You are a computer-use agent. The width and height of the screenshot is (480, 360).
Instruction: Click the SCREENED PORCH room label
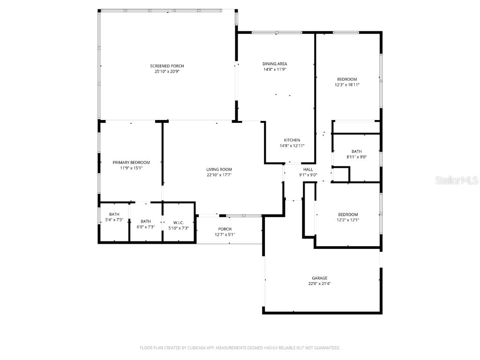click(167, 66)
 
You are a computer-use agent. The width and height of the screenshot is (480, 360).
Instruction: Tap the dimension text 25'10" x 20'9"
click(167, 72)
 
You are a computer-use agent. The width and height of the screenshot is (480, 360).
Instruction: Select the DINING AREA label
click(275, 64)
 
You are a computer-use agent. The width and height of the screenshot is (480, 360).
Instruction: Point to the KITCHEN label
click(292, 140)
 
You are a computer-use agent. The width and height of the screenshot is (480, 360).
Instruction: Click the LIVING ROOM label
click(219, 169)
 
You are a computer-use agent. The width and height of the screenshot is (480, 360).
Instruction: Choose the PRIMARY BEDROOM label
click(131, 162)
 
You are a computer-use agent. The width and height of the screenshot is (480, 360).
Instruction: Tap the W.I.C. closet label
click(178, 222)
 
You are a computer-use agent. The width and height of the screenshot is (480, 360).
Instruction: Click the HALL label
click(308, 169)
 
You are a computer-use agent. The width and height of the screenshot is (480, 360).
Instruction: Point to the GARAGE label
click(320, 278)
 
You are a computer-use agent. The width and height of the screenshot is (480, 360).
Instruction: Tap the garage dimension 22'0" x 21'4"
click(320, 284)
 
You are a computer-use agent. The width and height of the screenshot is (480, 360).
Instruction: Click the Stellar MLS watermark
click(457, 180)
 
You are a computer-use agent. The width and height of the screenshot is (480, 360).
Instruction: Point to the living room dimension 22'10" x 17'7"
click(219, 175)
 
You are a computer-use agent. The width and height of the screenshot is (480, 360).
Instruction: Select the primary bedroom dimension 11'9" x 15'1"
click(131, 168)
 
